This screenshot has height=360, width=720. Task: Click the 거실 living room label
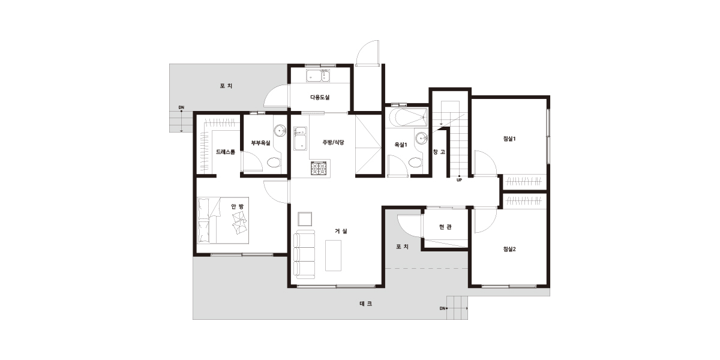[x=341, y=231]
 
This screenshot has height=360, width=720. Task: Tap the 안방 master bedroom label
[x=238, y=206]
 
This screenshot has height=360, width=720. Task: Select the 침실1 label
[x=509, y=139]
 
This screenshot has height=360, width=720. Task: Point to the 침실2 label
[x=509, y=249]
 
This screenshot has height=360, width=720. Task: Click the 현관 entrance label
[x=445, y=227]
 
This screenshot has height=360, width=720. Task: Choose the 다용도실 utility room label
[x=320, y=97]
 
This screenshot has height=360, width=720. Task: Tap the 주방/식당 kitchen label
[x=334, y=142]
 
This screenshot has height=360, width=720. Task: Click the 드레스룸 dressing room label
[x=226, y=152]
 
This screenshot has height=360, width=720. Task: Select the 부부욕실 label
[x=260, y=143]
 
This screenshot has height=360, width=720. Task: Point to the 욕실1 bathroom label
[x=401, y=145]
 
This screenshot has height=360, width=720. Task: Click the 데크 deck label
[x=366, y=304]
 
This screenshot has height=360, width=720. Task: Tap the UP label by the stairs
[x=459, y=180]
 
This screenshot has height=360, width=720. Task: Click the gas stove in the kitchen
[x=319, y=168]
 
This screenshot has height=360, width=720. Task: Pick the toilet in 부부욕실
[x=274, y=163]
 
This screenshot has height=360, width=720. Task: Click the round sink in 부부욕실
[x=280, y=131]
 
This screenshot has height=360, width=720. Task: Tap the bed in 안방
[x=223, y=220]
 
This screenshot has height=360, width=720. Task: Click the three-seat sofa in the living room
[x=304, y=254]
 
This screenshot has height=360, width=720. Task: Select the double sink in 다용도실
[x=318, y=76]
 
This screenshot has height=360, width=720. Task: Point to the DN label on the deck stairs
[x=443, y=308]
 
